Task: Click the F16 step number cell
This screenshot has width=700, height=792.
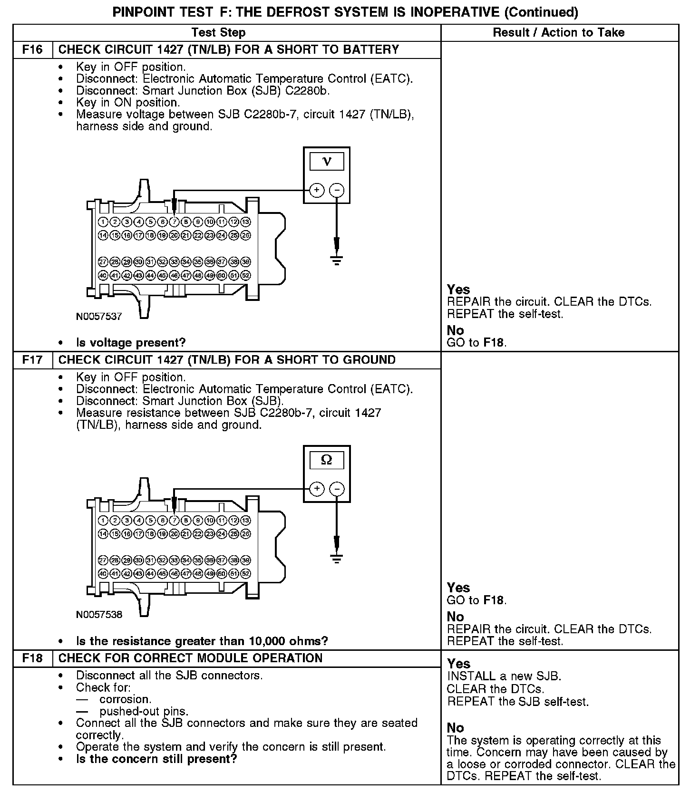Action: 32,50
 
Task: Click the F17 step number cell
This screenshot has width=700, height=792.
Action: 32,360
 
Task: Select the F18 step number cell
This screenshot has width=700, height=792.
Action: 32,658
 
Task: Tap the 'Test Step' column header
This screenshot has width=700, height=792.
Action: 218,32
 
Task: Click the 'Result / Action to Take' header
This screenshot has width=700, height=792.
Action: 559,32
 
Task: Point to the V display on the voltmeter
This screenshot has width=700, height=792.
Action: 327,161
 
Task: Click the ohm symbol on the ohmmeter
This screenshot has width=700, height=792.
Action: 327,460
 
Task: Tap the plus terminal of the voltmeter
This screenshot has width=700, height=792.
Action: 317,191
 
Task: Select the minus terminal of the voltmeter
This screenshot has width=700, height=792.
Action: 337,191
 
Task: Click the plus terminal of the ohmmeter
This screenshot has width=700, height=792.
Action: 317,489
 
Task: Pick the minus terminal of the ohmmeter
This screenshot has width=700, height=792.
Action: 337,489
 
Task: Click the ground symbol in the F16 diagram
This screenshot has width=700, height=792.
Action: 337,260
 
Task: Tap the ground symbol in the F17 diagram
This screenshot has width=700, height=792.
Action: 337,559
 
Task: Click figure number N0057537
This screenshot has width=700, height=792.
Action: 99,316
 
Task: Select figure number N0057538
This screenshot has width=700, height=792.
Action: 99,614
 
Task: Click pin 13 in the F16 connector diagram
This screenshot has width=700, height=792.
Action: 245,222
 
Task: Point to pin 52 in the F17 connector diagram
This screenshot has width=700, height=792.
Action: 245,574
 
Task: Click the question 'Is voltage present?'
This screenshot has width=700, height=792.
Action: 131,342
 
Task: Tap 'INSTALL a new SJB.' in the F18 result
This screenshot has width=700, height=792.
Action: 504,676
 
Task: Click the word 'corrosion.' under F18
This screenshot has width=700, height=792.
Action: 126,699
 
